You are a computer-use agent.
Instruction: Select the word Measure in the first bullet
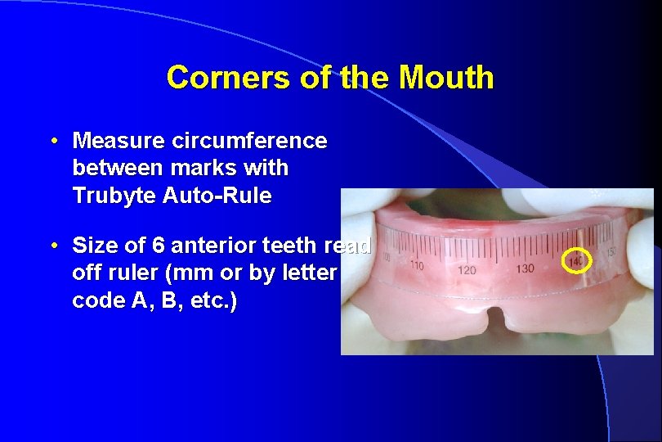[119, 141]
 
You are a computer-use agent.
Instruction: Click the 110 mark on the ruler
[417, 266]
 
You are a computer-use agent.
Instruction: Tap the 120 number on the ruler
[467, 269]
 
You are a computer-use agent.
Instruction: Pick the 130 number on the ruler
[526, 268]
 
